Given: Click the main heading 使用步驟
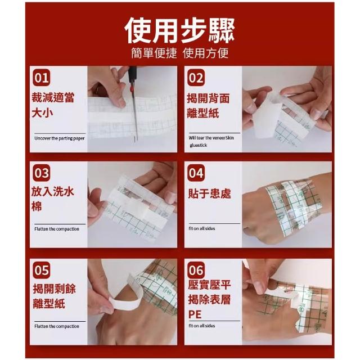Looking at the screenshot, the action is tap(179, 30).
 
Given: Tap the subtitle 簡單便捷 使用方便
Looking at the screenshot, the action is tap(180, 53).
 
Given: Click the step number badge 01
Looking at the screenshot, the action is tap(41, 78).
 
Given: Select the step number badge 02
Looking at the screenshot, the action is tap(196, 78).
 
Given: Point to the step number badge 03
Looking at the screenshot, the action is tap(41, 173).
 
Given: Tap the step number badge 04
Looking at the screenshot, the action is tap(196, 173).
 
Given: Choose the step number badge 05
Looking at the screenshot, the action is tap(41, 270).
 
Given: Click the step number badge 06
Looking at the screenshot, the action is tap(196, 270).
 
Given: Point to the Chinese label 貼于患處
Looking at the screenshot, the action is tap(209, 193).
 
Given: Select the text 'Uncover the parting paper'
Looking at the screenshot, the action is tap(60, 138).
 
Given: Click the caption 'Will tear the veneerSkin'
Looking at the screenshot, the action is tap(211, 138).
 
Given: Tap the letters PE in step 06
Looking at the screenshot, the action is tap(195, 314).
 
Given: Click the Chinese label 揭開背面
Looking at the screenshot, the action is tap(208, 98).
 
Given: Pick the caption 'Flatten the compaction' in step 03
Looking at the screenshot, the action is tap(57, 229).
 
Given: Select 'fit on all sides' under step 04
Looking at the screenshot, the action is tap(202, 228).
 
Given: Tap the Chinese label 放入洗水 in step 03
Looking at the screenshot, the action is tap(53, 191).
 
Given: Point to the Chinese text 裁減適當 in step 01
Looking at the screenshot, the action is tap(53, 97).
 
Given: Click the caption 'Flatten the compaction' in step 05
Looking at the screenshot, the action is tap(57, 326).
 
